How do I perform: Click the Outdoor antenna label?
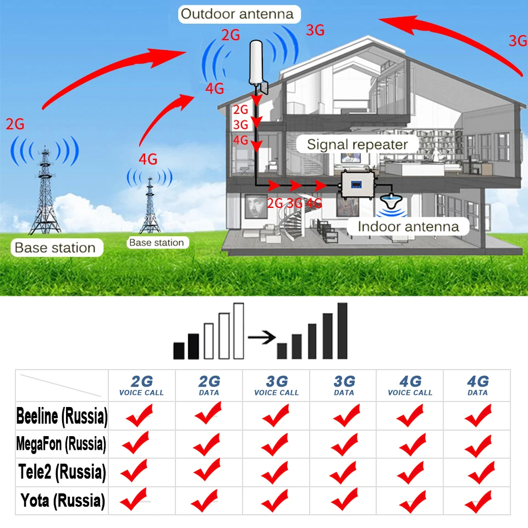(x=237, y=14)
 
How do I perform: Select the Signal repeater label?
(x=357, y=145)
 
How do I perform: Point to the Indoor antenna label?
(x=408, y=227)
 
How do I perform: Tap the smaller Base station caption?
(x=156, y=243)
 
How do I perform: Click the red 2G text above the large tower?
(x=15, y=124)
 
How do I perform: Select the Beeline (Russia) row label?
(x=62, y=416)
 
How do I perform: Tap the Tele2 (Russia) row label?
(x=62, y=472)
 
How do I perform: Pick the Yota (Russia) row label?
(x=62, y=501)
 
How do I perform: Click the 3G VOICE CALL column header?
(x=277, y=386)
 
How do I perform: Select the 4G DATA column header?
(x=477, y=386)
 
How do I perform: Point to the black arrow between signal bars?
(x=261, y=337)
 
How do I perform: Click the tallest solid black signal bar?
(x=343, y=330)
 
